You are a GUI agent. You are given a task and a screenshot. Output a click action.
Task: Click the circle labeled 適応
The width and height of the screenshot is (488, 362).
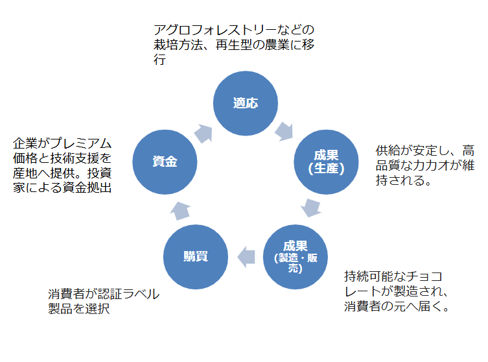246,103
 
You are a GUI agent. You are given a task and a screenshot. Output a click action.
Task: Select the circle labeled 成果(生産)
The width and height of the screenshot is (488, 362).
326,161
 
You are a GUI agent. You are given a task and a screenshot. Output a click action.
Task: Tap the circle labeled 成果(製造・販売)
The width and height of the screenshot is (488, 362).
296,256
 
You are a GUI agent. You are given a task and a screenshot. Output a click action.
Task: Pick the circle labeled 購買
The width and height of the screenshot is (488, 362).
196,256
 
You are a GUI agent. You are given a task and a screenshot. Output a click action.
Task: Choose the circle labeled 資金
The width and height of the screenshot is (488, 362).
165,161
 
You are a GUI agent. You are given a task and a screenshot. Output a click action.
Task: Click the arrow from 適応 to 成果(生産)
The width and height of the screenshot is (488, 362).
285,130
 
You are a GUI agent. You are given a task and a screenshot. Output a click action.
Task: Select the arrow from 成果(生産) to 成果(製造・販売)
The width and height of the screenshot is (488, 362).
312,208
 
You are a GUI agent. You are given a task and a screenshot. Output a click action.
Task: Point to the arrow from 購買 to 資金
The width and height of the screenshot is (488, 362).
180,209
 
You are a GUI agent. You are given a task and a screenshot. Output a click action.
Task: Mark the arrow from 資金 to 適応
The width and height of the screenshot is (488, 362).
203,132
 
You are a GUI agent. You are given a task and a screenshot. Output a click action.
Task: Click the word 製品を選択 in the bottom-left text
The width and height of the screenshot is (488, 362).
79,309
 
